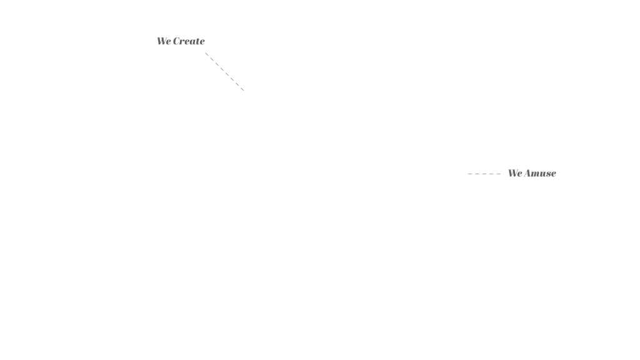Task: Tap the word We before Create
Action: pyautogui.click(x=164, y=41)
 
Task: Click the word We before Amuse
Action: pyautogui.click(x=515, y=174)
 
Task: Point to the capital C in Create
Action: pyautogui.click(x=177, y=41)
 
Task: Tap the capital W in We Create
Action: pyautogui.click(x=162, y=41)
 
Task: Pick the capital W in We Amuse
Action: pyautogui.click(x=513, y=174)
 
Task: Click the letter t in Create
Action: pyautogui.click(x=197, y=42)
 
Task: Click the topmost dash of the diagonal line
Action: pyautogui.click(x=207, y=54)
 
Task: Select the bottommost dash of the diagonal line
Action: pyautogui.click(x=242, y=89)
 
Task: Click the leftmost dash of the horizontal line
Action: pyautogui.click(x=470, y=174)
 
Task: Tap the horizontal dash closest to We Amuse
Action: pyautogui.click(x=498, y=174)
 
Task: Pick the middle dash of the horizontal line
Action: pyautogui.click(x=484, y=174)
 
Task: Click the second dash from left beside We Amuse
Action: pyautogui.click(x=477, y=174)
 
